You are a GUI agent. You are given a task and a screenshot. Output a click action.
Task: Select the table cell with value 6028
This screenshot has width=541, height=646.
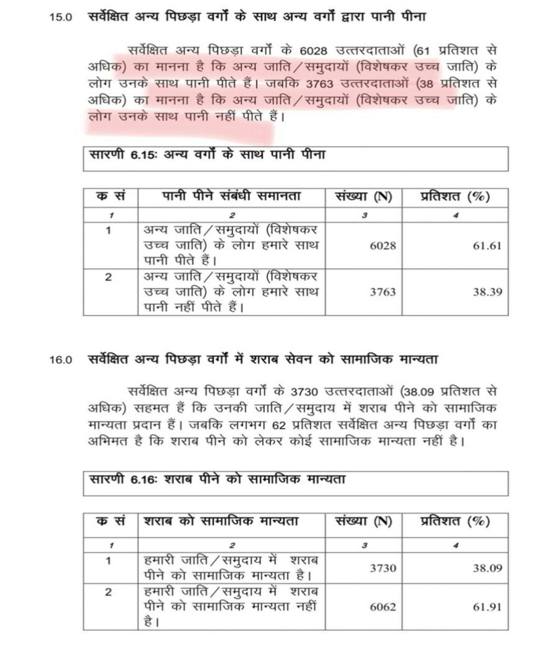pyautogui.click(x=383, y=245)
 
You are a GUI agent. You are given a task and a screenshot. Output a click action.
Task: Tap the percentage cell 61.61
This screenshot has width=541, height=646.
pyautogui.click(x=487, y=245)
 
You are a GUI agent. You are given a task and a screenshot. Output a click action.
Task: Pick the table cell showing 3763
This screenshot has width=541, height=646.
pyautogui.click(x=383, y=292)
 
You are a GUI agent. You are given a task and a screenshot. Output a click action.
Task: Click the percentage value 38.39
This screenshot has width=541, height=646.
pyautogui.click(x=487, y=292)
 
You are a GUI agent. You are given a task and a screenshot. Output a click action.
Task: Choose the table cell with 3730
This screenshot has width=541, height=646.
pyautogui.click(x=383, y=568)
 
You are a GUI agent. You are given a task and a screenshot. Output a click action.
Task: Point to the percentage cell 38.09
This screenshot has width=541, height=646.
pyautogui.click(x=487, y=568)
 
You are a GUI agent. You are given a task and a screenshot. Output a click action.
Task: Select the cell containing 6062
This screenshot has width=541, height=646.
pyautogui.click(x=383, y=607)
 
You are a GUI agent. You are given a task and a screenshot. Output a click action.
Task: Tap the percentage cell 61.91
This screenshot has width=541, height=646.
pyautogui.click(x=487, y=607)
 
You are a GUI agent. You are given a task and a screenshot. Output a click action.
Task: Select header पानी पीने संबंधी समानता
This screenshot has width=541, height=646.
pyautogui.click(x=231, y=197)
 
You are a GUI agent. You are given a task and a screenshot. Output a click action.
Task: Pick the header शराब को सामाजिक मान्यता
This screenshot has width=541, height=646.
pyautogui.click(x=221, y=521)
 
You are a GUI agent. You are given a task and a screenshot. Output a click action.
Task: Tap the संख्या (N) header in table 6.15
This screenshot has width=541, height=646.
pyautogui.click(x=364, y=197)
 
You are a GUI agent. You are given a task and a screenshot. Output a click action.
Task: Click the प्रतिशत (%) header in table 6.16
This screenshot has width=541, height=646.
pyautogui.click(x=455, y=521)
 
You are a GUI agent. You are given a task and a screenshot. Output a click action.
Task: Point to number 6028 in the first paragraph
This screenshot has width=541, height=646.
pyautogui.click(x=312, y=50)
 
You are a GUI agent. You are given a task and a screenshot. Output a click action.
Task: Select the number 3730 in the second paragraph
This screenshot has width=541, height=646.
pyautogui.click(x=304, y=392)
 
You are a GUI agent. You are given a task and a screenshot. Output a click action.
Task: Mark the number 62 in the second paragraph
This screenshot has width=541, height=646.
pyautogui.click(x=279, y=425)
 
